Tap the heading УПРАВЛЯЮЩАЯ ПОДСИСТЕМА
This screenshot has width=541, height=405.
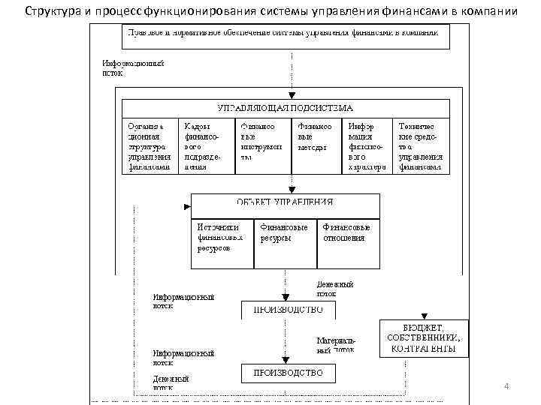coord(285,109)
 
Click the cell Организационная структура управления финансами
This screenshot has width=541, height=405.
coord(150,146)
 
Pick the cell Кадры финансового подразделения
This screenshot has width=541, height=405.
coord(205,146)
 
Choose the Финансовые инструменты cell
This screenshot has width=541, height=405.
coord(261,142)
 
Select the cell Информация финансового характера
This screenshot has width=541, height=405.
coord(367,146)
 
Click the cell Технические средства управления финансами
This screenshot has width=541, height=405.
coord(422,146)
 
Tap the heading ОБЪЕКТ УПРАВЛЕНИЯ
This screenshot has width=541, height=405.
coord(285,202)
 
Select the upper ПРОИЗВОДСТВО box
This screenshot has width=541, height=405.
coord(288,310)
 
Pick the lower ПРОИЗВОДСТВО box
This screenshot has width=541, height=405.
coord(288,372)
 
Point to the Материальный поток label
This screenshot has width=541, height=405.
coord(335,345)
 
